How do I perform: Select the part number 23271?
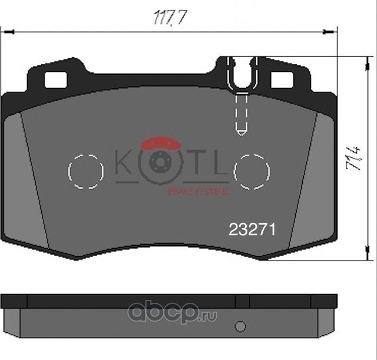252,229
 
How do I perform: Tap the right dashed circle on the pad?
252,171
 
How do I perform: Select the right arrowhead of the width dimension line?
333,33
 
